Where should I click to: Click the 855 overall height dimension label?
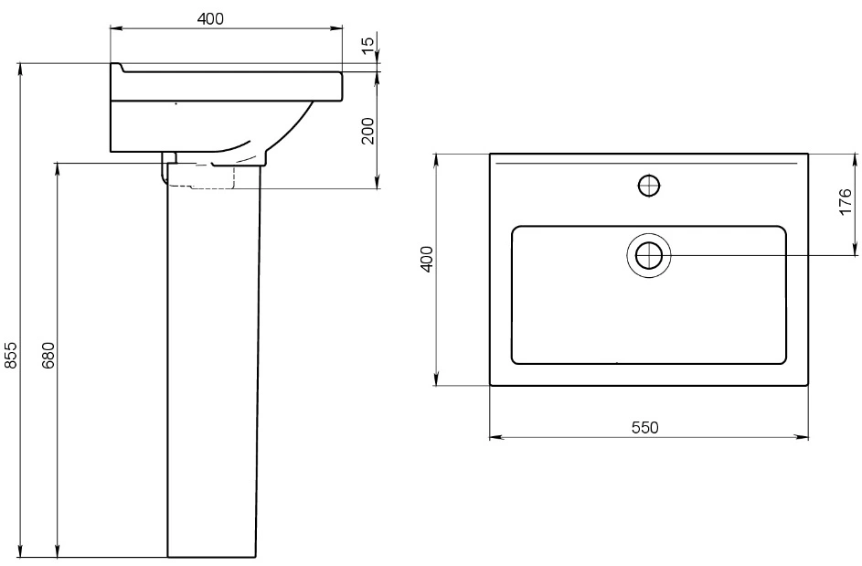click(11, 356)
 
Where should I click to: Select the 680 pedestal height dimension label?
click(48, 356)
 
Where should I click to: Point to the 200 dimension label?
click(368, 131)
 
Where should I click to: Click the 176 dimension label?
click(846, 202)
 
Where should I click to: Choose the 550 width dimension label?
click(644, 427)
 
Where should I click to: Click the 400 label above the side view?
click(210, 18)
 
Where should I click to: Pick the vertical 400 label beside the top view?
click(427, 259)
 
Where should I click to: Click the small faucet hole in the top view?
click(649, 186)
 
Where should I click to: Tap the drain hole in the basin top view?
click(649, 256)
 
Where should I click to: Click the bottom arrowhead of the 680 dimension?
click(58, 550)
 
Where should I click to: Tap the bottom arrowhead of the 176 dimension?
click(856, 250)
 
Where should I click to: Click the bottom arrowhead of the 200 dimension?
click(378, 182)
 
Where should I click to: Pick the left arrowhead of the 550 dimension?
click(495, 437)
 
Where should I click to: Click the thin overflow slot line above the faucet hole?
click(646, 164)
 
